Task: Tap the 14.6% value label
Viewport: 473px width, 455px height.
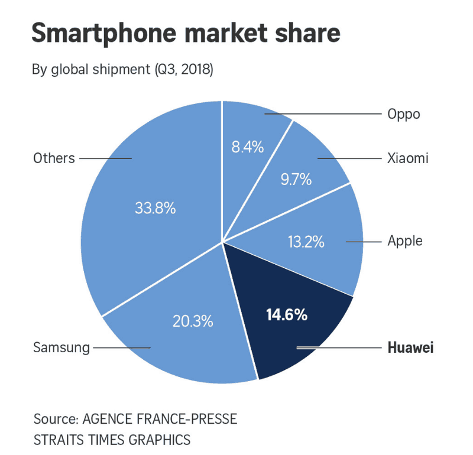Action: tap(287, 315)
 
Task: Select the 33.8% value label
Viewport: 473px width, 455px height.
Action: tap(155, 209)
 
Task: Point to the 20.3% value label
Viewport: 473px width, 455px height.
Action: tap(193, 321)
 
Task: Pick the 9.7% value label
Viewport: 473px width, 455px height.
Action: tap(296, 179)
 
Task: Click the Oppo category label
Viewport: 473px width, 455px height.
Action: tap(403, 114)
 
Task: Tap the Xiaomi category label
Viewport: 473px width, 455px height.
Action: tap(407, 158)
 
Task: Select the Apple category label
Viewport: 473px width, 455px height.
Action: tap(405, 241)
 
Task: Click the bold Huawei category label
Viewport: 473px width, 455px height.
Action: tap(410, 347)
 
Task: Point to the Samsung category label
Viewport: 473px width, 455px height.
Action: tap(61, 347)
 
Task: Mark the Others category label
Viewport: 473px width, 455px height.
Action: tap(54, 158)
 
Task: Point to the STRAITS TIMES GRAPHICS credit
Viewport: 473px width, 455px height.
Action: tap(112, 440)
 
